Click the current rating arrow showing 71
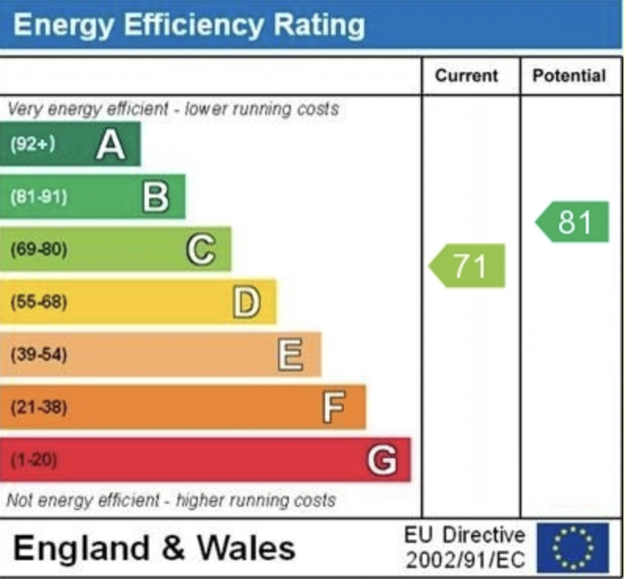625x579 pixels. click(468, 266)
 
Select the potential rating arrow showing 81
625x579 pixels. click(573, 222)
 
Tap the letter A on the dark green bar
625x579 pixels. click(110, 145)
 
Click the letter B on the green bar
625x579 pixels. click(155, 197)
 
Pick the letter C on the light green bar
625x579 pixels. click(200, 249)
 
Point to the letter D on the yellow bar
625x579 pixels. click(246, 302)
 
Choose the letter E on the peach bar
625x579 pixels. click(291, 355)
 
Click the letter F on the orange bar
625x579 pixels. click(334, 407)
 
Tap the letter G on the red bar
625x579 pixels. click(382, 460)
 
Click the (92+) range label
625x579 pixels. click(32, 144)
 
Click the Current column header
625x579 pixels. click(466, 75)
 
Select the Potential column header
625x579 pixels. click(569, 75)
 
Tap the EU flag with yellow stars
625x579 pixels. click(572, 548)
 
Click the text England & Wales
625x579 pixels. click(154, 548)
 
